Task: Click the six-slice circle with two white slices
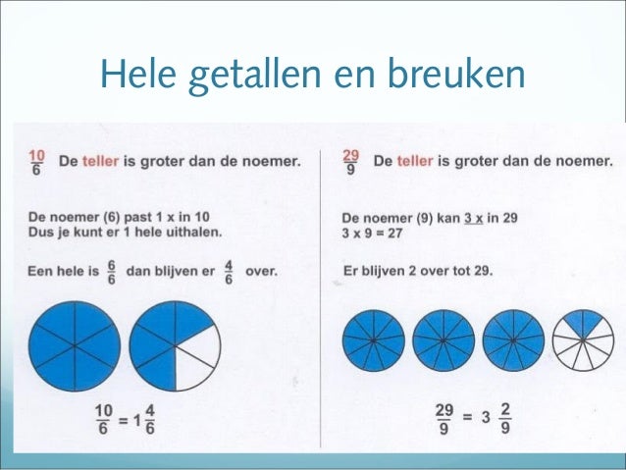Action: point(175,344)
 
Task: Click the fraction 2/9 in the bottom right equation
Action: point(503,419)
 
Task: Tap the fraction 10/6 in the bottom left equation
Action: point(103,419)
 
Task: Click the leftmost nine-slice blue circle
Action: point(373,339)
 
